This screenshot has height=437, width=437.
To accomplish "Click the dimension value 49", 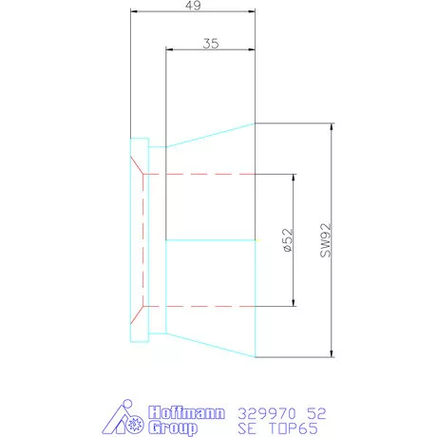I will click(192, 6).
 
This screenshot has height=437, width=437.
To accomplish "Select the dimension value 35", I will click(212, 43).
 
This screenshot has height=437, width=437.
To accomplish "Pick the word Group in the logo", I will click(175, 429).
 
